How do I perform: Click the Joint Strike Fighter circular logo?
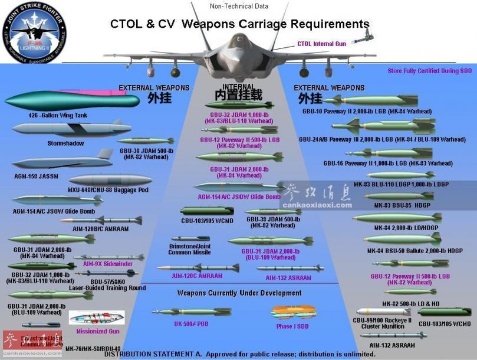(37, 31)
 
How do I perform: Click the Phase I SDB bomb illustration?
(291, 312)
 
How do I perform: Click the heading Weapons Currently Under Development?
(239, 293)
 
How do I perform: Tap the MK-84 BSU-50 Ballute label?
(406, 250)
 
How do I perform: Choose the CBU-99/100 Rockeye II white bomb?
(383, 312)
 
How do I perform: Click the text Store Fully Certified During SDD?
(430, 71)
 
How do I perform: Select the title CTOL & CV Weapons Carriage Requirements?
(240, 24)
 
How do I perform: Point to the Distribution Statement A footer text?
(240, 354)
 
